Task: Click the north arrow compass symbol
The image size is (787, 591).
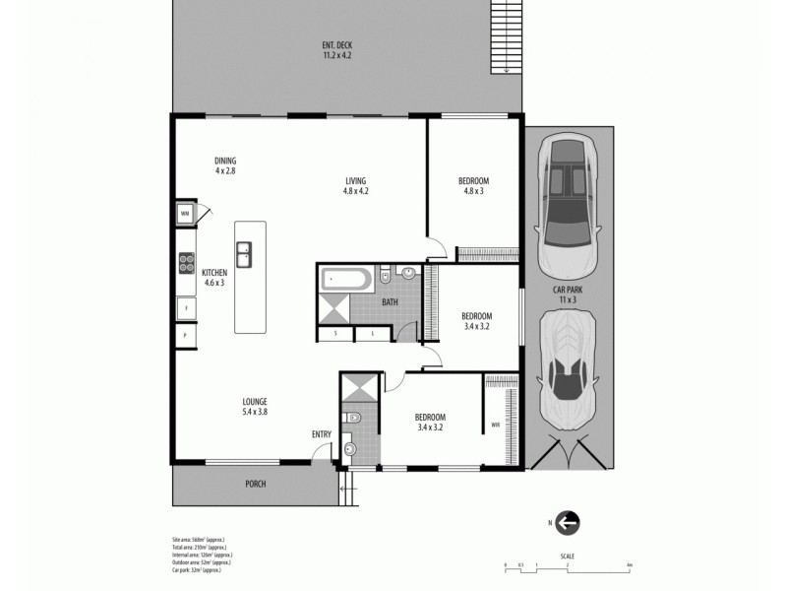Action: click(568, 523)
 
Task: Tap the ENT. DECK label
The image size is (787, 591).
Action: click(337, 50)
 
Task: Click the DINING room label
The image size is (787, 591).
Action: click(225, 165)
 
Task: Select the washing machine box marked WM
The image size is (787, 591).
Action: click(184, 213)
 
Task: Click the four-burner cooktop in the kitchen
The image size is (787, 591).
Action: click(185, 262)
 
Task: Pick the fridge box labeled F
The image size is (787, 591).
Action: click(184, 308)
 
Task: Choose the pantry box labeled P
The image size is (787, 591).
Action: click(184, 337)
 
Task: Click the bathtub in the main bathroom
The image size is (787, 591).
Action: click(345, 279)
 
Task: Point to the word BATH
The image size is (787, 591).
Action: click(390, 302)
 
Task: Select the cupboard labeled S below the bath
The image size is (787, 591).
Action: click(335, 334)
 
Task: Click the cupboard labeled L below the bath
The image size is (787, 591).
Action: click(371, 334)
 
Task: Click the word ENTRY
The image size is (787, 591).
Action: click(321, 434)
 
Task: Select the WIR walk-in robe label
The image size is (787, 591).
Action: click(495, 426)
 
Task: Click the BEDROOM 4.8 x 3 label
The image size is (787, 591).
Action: click(473, 185)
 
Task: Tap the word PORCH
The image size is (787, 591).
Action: click(256, 485)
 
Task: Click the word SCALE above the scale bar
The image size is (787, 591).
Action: click(568, 556)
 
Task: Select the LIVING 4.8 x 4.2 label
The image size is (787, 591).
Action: click(355, 185)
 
